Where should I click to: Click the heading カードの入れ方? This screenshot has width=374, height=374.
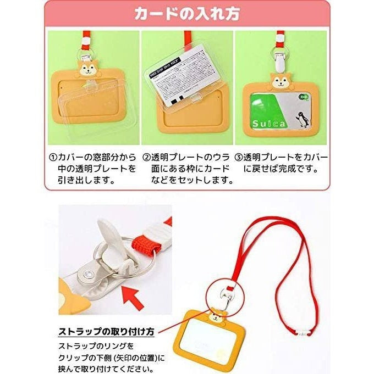click(186, 14)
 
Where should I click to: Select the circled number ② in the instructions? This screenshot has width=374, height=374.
click(147, 157)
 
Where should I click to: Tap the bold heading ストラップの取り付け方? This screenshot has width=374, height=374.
click(106, 332)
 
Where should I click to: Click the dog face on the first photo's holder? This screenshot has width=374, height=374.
click(87, 69)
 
